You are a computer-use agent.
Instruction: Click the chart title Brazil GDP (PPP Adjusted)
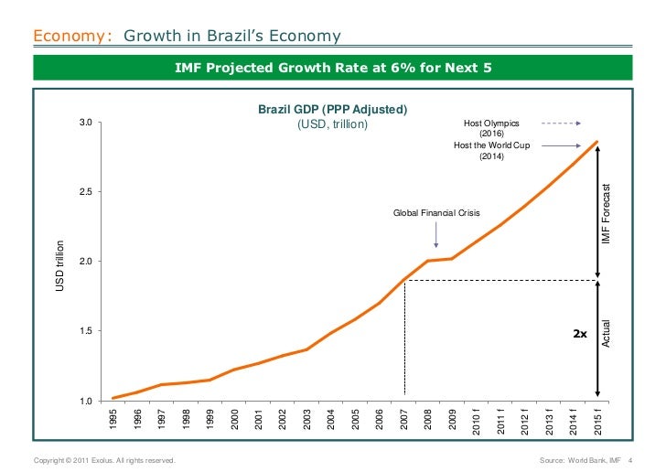pos(332,110)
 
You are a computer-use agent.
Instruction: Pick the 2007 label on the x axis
pos(404,420)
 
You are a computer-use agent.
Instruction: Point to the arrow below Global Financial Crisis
pos(435,236)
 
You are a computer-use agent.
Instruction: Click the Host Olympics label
pos(491,123)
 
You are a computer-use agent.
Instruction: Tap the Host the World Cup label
pos(491,145)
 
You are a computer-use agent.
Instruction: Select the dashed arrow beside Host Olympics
pos(561,123)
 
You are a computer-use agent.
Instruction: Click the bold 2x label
pos(579,334)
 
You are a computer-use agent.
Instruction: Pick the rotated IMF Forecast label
pos(605,213)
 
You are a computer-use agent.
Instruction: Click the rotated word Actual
pos(605,333)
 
